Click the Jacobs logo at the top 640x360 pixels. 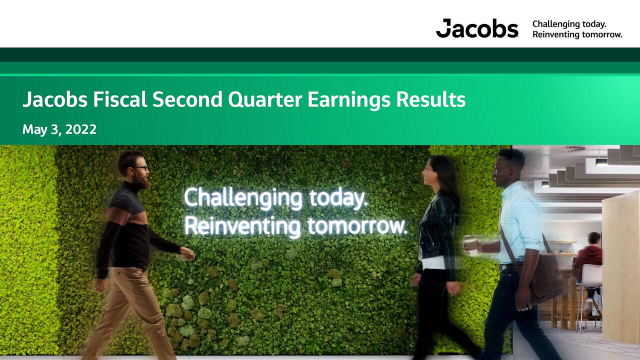click(x=477, y=28)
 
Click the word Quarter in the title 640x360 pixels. click(x=265, y=99)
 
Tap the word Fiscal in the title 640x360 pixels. click(x=120, y=99)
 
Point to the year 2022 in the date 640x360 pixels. click(x=81, y=129)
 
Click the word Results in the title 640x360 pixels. click(x=431, y=99)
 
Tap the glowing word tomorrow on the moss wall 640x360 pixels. click(x=357, y=226)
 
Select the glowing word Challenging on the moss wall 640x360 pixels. click(x=243, y=198)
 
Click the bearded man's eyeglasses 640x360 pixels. click(x=140, y=167)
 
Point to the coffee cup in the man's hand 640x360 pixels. click(x=470, y=245)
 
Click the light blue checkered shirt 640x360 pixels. click(x=520, y=222)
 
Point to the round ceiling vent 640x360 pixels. click(x=575, y=148)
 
